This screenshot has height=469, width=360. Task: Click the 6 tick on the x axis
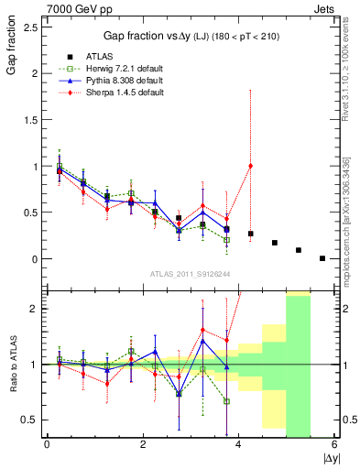[335, 444]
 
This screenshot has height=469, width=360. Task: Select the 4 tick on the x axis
[239, 444]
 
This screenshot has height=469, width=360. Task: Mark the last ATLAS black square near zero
[322, 258]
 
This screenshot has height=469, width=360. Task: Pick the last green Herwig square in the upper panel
[226, 240]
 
